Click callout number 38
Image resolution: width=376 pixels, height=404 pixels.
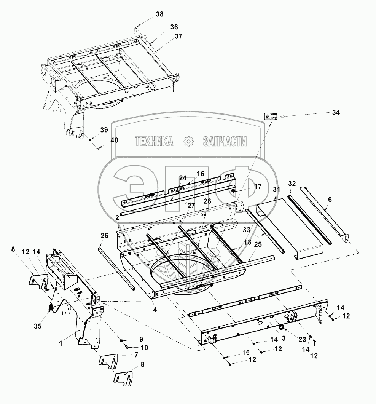(x=159, y=14)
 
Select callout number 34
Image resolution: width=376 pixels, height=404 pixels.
(x=336, y=112)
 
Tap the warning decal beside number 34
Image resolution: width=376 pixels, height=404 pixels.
(x=270, y=117)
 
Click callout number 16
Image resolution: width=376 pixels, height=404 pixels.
(x=201, y=174)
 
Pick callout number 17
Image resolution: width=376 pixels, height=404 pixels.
(x=258, y=187)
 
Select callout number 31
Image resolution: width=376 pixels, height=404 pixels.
(x=277, y=189)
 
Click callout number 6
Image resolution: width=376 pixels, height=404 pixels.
(x=330, y=199)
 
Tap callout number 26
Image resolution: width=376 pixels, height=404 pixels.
(x=104, y=236)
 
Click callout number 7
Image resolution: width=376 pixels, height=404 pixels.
(x=135, y=355)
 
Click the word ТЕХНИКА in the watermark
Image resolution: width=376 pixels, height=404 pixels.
(x=154, y=142)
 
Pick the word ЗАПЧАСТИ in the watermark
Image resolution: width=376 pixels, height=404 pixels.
(x=225, y=142)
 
